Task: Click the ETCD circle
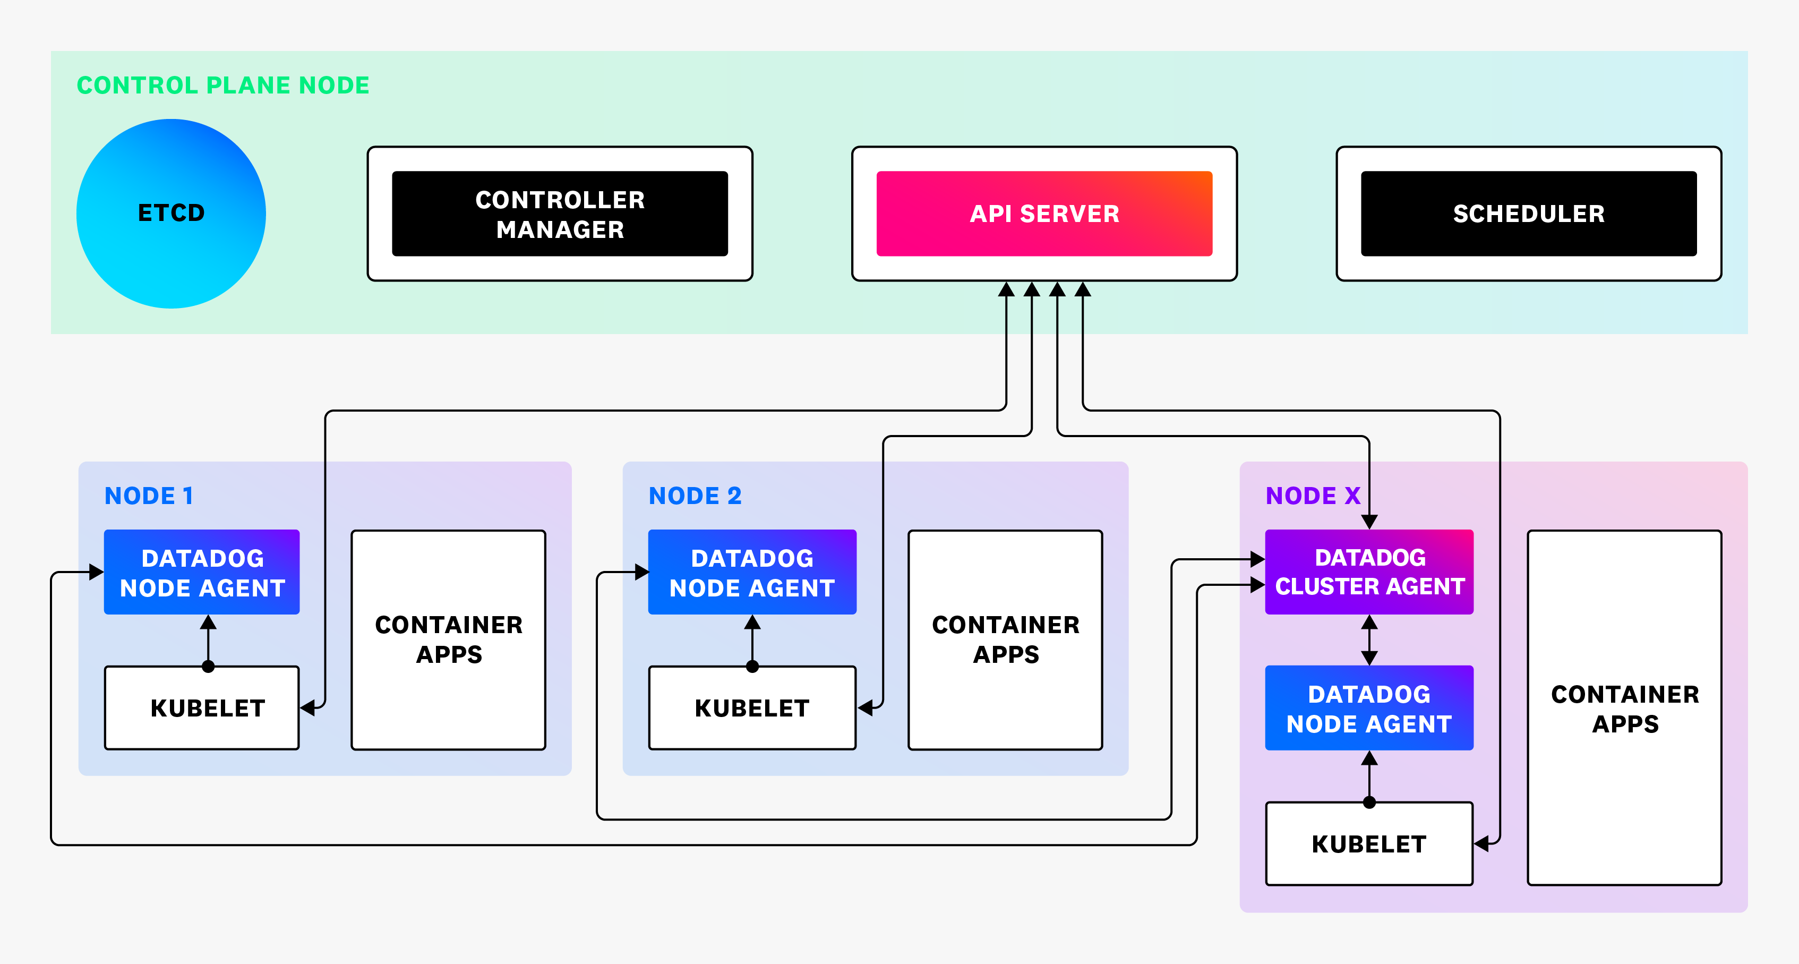(171, 213)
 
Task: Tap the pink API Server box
(1044, 214)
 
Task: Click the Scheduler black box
(1528, 214)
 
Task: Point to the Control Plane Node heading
(223, 85)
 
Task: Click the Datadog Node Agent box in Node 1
(202, 572)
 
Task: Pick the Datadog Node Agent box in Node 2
(751, 572)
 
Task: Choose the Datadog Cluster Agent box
(1369, 572)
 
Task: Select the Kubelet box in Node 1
(202, 707)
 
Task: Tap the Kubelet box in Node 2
(751, 707)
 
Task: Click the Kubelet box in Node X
(1369, 844)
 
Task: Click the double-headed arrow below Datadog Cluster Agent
(1369, 640)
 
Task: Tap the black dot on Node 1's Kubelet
(208, 667)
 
